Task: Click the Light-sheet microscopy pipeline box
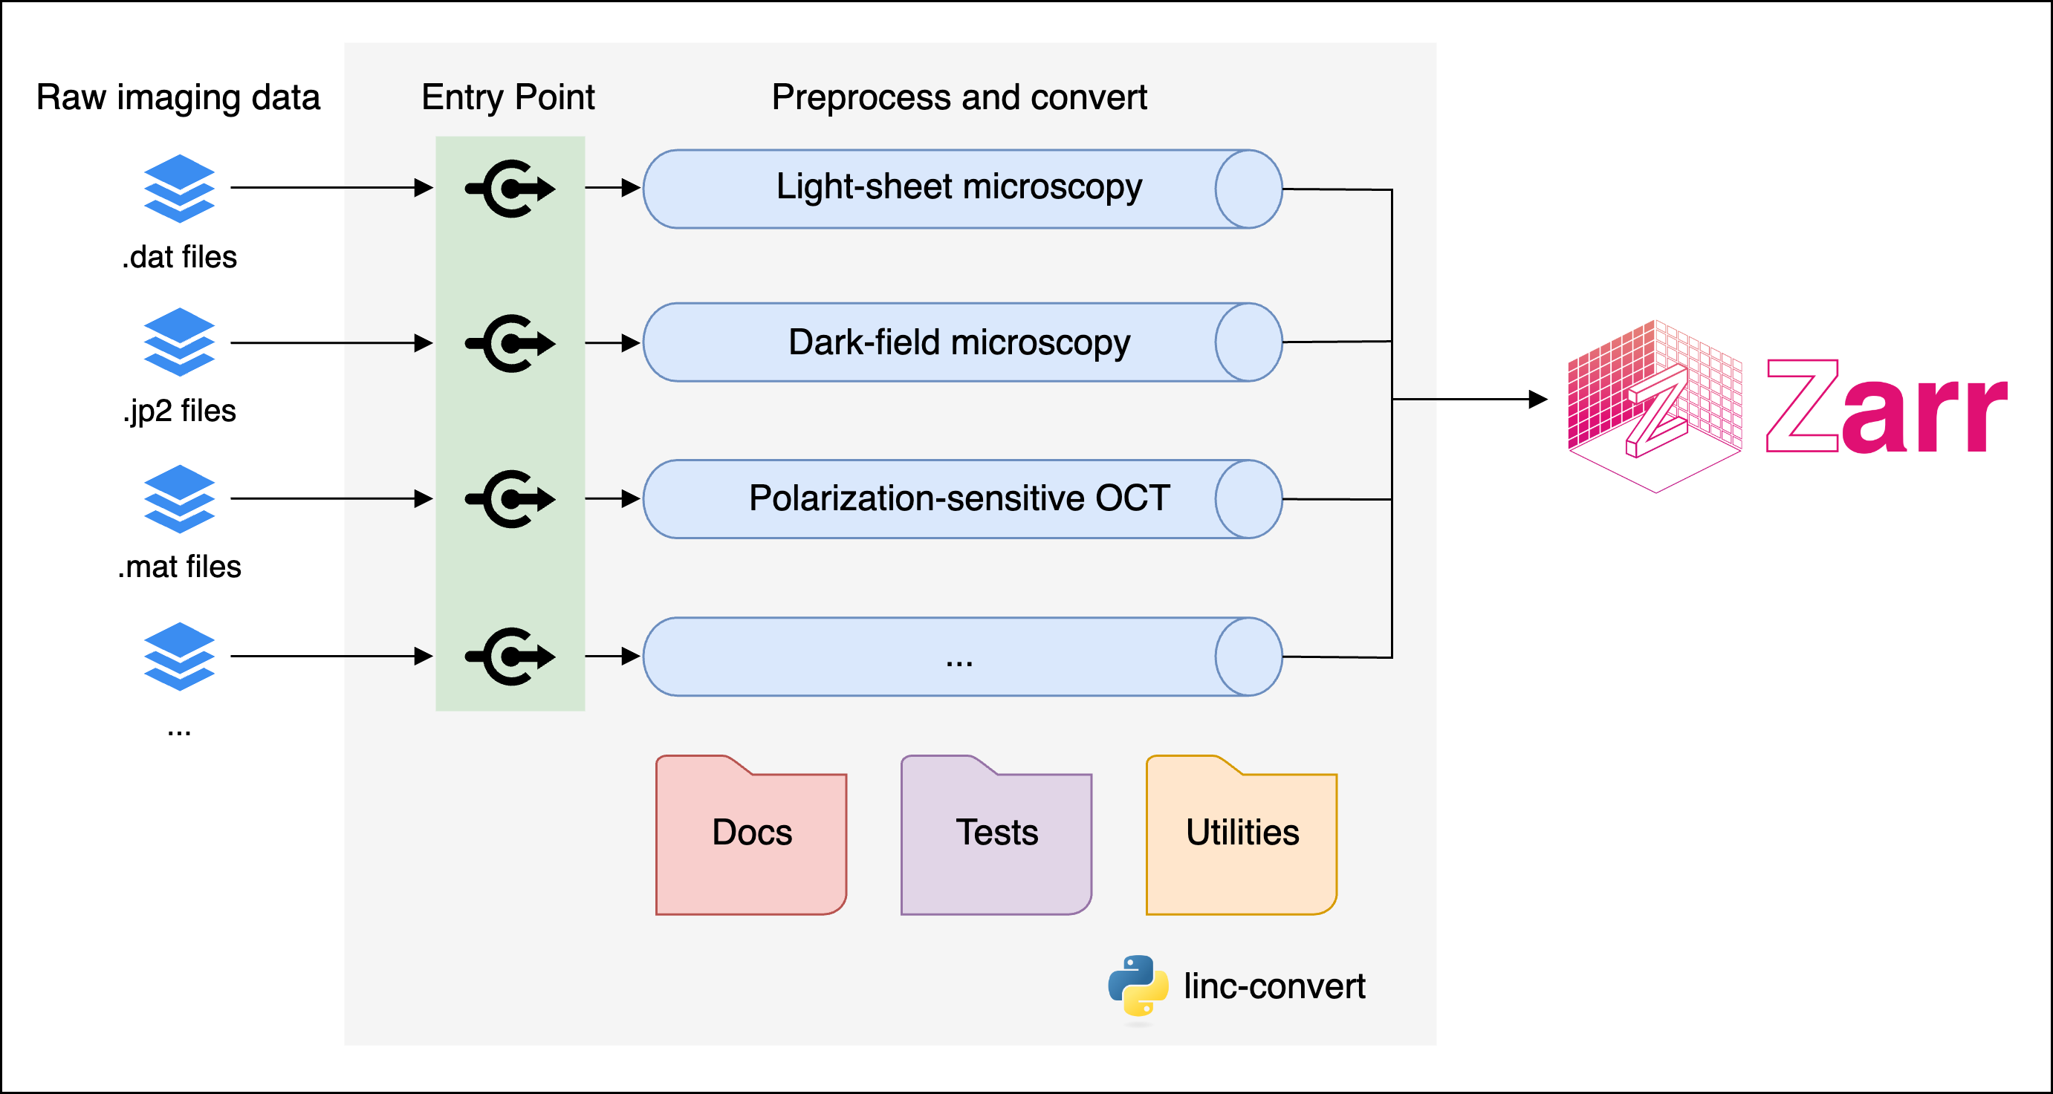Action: tap(960, 189)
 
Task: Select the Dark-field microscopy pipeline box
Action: tap(960, 342)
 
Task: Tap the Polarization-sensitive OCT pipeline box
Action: tap(960, 499)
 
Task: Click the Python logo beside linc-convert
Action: tap(1138, 986)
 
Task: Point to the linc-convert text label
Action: tap(1274, 986)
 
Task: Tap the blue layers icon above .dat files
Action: tap(179, 188)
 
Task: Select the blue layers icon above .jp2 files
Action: tap(179, 342)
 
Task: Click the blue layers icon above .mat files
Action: tap(179, 499)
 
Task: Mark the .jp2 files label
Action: tap(180, 411)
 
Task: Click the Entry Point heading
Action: tap(507, 97)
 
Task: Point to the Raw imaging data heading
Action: tap(178, 97)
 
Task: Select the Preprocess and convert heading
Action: tap(959, 97)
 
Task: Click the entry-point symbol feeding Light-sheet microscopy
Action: tap(510, 189)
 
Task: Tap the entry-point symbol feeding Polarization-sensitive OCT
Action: tap(510, 499)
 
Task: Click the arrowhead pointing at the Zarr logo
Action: tap(1538, 399)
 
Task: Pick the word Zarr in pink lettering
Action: tap(1886, 408)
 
